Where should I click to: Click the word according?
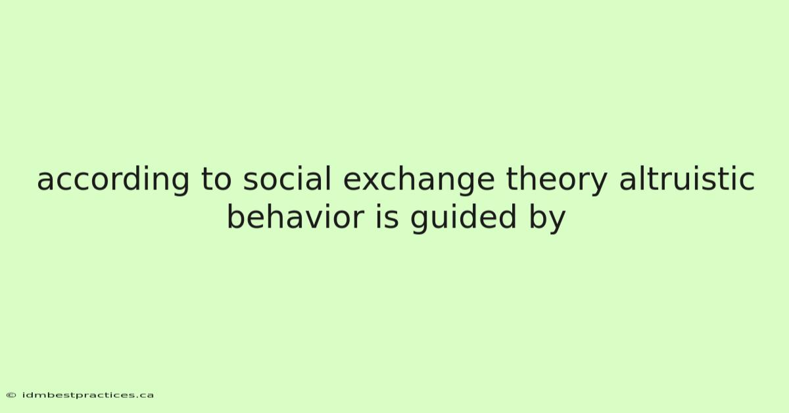tap(113, 180)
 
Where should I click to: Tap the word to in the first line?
tap(216, 180)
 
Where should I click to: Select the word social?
tap(287, 179)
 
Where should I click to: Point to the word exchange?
tap(419, 180)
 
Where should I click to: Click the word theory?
tap(556, 180)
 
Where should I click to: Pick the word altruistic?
tap(687, 179)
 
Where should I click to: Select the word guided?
tap(463, 218)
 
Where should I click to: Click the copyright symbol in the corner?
tap(11, 395)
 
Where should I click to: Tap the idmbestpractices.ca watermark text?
tap(88, 395)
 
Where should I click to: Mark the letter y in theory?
tap(598, 184)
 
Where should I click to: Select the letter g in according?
tap(179, 184)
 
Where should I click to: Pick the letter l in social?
tap(329, 179)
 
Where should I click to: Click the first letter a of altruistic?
tap(628, 182)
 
